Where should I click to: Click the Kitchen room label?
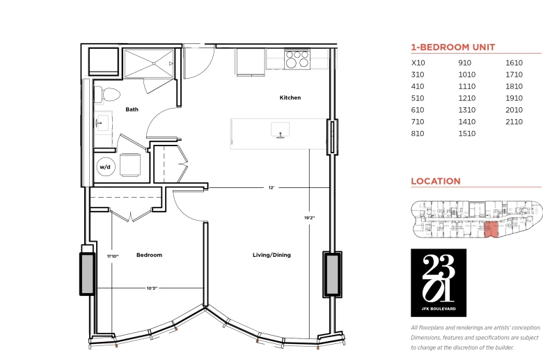290,97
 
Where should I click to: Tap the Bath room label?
132,109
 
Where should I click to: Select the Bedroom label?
149,255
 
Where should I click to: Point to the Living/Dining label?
271,255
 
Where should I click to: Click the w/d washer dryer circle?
105,167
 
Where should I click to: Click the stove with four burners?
297,59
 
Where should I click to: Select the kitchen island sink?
280,130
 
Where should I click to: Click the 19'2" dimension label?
310,218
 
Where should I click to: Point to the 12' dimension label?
271,188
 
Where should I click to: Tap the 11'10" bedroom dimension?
113,256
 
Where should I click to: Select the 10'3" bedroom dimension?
152,288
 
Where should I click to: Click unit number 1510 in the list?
467,134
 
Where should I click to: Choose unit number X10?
418,63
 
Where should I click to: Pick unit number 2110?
514,122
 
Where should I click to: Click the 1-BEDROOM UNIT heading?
453,47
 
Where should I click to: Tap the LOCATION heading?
436,181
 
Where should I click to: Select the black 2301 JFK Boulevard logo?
439,283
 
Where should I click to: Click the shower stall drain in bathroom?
154,63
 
